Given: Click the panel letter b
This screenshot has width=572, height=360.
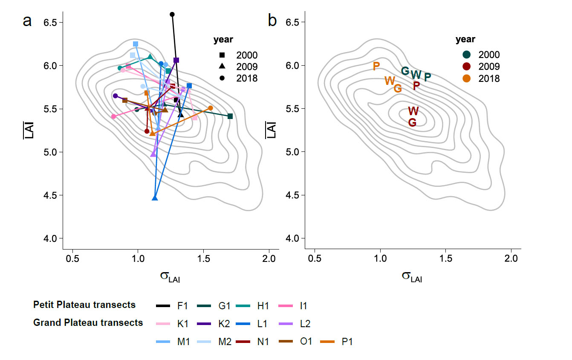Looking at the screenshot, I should pyautogui.click(x=272, y=20).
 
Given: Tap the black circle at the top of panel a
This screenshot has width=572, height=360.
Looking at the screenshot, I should pyautogui.click(x=172, y=15).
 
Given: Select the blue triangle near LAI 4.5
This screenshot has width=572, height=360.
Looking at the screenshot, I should pyautogui.click(x=155, y=198).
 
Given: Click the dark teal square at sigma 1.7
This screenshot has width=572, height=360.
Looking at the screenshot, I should pyautogui.click(x=230, y=116).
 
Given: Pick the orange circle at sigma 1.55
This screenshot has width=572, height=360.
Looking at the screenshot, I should pyautogui.click(x=211, y=108).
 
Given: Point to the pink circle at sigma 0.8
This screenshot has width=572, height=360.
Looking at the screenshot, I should pyautogui.click(x=113, y=116).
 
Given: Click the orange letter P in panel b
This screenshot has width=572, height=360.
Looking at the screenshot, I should pyautogui.click(x=376, y=66).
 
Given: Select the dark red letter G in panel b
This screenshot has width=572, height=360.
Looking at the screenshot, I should pyautogui.click(x=412, y=122).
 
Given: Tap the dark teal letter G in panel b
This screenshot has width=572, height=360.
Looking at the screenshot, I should pyautogui.click(x=405, y=71).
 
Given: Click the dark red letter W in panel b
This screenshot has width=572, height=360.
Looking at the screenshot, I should pyautogui.click(x=413, y=111).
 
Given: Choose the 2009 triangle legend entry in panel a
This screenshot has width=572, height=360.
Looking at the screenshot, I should pyautogui.click(x=222, y=67).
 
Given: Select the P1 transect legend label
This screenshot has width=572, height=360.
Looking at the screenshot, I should pyautogui.click(x=347, y=342).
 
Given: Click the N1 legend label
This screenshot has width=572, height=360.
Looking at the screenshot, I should pyautogui.click(x=262, y=342).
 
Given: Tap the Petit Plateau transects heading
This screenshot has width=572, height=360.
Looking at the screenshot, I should pyautogui.click(x=84, y=305).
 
